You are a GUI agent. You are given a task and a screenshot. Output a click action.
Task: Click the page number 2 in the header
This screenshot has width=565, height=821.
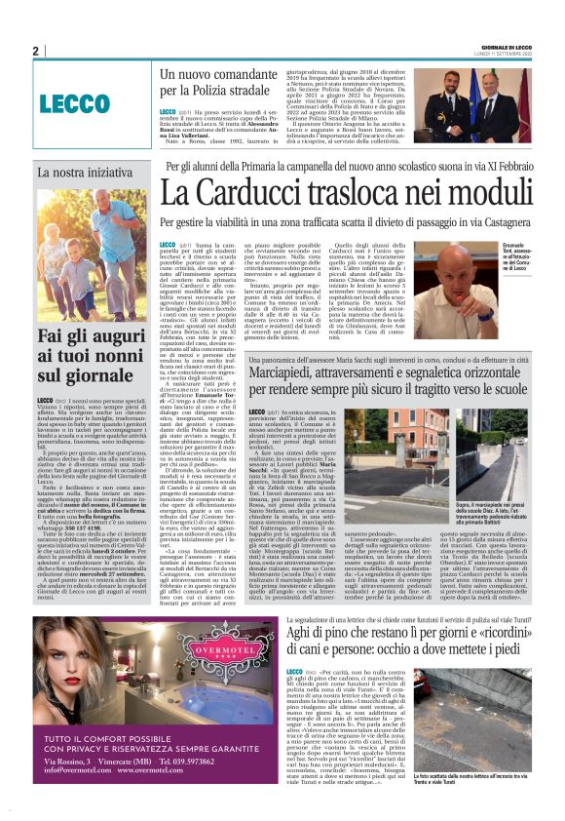pos(36,51)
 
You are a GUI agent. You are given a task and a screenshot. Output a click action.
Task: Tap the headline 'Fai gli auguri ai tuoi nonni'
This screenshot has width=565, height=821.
pos(91,357)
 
